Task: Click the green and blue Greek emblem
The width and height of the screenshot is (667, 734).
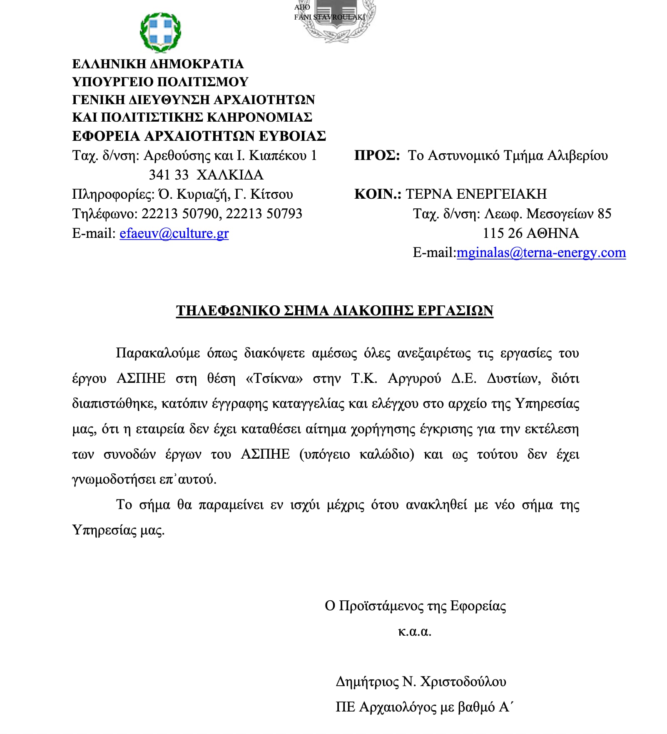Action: point(160,32)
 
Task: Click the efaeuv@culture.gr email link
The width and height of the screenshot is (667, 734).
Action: point(174,233)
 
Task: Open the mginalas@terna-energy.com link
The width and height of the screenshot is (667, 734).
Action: point(541,252)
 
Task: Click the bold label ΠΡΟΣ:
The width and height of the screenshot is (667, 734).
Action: point(377,155)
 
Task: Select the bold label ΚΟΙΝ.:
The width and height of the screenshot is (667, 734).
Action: point(378,194)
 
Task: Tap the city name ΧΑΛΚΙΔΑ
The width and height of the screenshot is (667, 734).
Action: point(230,175)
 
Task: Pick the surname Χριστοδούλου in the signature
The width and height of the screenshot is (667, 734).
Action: point(463,682)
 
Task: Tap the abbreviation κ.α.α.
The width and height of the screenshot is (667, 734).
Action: point(415,632)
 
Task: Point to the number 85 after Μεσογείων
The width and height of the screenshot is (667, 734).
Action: point(604,214)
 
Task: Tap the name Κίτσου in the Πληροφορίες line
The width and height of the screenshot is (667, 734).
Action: point(271,194)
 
